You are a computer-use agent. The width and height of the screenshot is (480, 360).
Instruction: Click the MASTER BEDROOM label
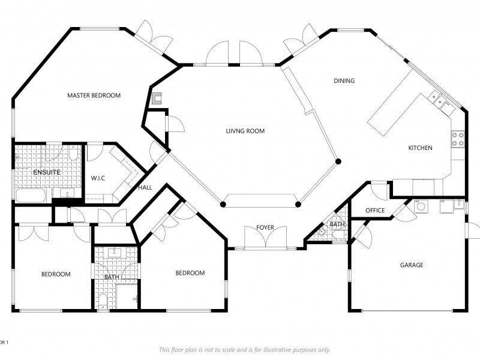pos(94,95)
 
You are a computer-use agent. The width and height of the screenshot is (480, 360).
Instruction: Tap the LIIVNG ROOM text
pos(245,131)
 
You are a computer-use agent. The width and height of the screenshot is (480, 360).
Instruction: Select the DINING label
pos(344,80)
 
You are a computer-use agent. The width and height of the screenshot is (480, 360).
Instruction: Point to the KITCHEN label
pos(420,148)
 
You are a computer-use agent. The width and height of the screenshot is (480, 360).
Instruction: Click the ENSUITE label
pos(46,172)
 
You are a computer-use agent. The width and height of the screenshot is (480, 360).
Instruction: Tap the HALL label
pos(145,188)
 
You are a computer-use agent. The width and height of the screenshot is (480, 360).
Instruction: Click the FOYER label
pos(265,227)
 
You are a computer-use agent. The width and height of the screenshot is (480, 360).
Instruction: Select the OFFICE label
pos(375,211)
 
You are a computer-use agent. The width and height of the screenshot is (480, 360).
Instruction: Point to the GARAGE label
pos(412,265)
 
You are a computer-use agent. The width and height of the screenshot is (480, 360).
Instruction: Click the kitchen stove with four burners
pos(458,139)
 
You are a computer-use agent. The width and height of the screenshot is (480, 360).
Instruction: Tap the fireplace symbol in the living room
pos(157,100)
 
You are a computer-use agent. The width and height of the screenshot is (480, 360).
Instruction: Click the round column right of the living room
pos(338,161)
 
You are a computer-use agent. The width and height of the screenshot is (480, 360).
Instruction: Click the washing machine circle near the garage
pos(422,206)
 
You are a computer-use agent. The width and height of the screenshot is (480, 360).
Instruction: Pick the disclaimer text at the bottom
pos(244,350)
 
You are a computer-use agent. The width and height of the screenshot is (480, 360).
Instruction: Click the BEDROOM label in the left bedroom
pos(56,274)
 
